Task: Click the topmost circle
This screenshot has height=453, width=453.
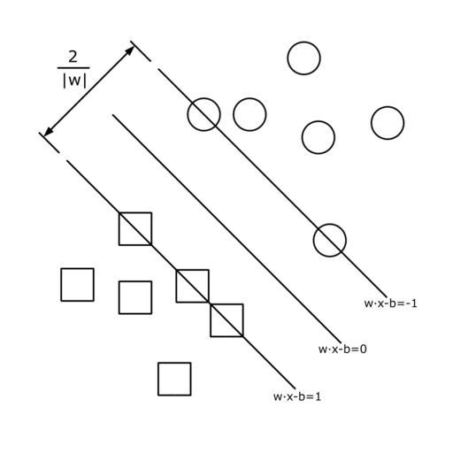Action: [x=303, y=42]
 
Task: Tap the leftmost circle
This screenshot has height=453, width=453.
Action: [x=188, y=114]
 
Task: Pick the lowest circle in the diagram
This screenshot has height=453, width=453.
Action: [x=330, y=257]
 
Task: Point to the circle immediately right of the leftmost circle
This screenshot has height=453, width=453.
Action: [x=250, y=98]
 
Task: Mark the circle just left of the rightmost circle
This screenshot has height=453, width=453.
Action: [x=319, y=121]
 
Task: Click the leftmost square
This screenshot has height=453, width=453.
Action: [x=61, y=285]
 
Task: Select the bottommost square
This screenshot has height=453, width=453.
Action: [x=158, y=379]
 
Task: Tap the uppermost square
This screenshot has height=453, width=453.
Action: [x=119, y=229]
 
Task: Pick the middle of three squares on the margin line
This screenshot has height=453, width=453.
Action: [x=177, y=286]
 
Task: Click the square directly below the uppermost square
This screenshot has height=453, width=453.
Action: [x=119, y=297]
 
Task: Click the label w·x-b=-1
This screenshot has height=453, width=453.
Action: [x=391, y=303]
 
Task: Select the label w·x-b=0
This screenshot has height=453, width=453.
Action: [x=342, y=349]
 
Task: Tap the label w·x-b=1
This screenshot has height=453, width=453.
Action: [x=297, y=396]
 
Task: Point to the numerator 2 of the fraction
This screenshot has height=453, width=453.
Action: [x=73, y=57]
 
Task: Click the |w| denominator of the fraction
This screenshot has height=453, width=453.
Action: [x=75, y=81]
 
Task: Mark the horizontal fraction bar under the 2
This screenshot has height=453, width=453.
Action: [x=73, y=68]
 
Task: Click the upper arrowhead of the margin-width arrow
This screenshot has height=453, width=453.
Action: [x=129, y=50]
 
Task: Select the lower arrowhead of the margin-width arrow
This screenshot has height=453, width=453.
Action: [x=48, y=132]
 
